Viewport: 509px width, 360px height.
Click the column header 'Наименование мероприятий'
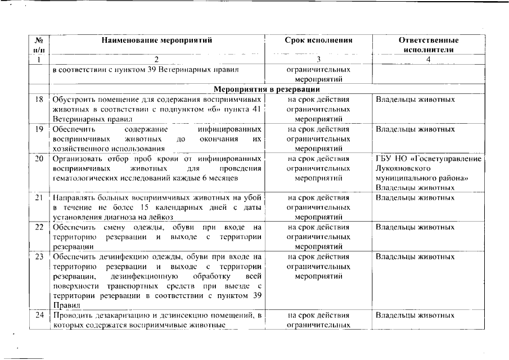point(157,40)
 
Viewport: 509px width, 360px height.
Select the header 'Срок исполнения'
point(318,40)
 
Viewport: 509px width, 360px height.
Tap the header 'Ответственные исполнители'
point(428,45)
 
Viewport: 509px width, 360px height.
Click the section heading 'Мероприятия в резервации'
point(267,89)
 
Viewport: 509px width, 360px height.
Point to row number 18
point(39,100)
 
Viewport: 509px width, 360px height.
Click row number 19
point(39,129)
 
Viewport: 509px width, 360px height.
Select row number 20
point(39,159)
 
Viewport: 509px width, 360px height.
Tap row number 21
point(39,198)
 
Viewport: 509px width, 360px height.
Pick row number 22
point(39,227)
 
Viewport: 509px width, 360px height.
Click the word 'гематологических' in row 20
point(82,178)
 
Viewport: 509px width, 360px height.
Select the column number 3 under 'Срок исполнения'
point(318,59)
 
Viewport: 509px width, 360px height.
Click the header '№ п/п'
point(39,45)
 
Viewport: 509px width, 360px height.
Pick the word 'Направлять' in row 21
point(73,198)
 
